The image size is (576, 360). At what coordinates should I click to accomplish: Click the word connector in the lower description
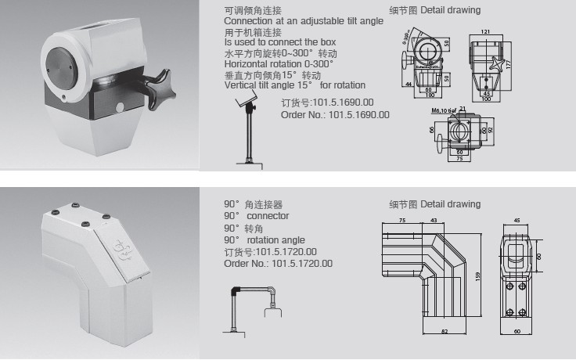pyautogui.click(x=268, y=215)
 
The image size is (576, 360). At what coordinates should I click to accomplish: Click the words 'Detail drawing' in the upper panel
pyautogui.click(x=450, y=10)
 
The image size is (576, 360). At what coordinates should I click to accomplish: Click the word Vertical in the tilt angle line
pyautogui.click(x=239, y=85)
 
